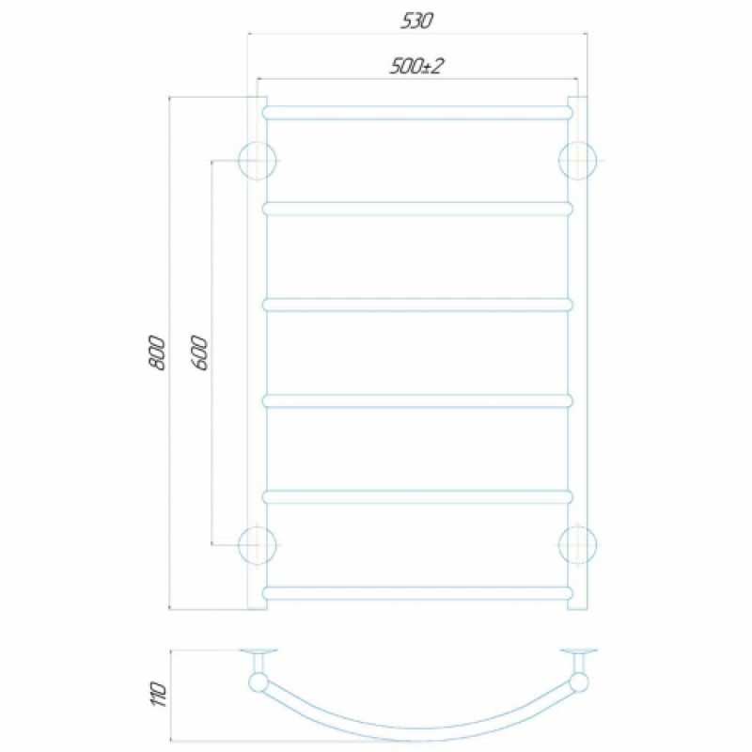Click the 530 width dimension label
[416, 22]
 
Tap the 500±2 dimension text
[415, 66]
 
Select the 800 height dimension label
[157, 353]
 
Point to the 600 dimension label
[199, 353]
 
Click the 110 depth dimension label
[157, 694]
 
